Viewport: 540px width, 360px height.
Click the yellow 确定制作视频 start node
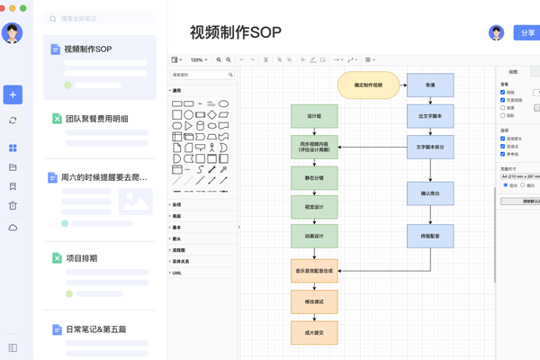pos(368,85)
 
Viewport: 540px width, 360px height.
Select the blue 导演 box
pos(430,85)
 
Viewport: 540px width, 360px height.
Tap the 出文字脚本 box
pos(430,116)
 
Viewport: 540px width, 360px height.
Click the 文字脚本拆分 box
pos(430,147)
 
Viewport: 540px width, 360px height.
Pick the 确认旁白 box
pos(430,193)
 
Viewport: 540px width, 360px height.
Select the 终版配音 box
pos(430,236)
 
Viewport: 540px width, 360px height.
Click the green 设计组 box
pos(314,116)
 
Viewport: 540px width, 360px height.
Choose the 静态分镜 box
pos(314,178)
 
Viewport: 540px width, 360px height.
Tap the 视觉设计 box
pos(314,207)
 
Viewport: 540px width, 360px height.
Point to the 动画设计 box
pos(314,236)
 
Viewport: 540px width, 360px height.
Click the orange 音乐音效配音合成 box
pos(314,270)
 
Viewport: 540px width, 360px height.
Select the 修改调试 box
pos(314,301)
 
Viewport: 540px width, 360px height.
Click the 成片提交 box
pos(314,332)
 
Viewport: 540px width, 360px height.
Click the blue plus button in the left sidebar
pos(13,94)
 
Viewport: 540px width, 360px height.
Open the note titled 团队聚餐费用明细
pos(97,119)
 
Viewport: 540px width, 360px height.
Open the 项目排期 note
pos(82,258)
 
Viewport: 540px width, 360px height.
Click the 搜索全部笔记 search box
pos(99,18)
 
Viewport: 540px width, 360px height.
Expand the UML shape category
pos(176,273)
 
